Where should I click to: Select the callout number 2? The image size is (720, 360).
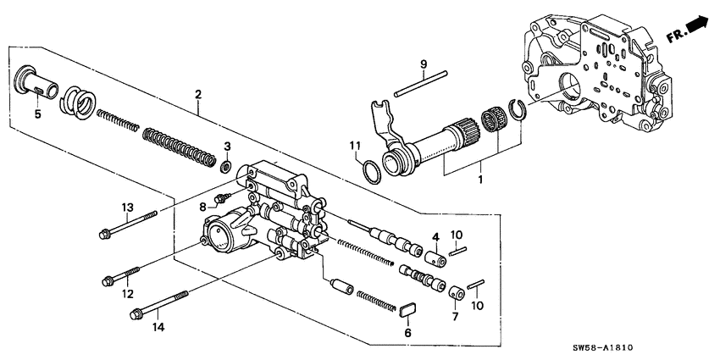[x=197, y=96]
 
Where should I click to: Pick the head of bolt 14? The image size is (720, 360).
[x=136, y=316]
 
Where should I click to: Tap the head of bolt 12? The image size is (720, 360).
[x=108, y=280]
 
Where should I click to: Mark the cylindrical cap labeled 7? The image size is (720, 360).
[x=454, y=293]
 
